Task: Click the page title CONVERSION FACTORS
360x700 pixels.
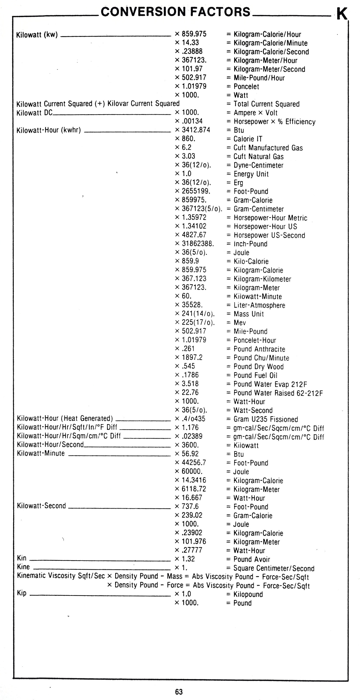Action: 175,12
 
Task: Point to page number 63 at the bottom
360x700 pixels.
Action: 179,692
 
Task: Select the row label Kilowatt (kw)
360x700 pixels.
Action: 37,35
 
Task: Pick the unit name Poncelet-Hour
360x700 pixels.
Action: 255,340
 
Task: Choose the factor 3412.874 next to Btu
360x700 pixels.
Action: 196,130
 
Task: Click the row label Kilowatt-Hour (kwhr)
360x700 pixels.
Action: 49,130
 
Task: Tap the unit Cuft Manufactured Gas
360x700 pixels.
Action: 268,148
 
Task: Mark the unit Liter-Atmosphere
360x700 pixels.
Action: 259,305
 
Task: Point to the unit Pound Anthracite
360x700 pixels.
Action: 259,349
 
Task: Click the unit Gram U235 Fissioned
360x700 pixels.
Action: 265,419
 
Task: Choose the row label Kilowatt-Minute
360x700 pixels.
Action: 41,453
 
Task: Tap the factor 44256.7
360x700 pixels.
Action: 194,463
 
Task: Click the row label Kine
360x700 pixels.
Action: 23,567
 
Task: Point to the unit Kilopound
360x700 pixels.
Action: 248,594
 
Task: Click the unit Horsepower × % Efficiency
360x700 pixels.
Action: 274,122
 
